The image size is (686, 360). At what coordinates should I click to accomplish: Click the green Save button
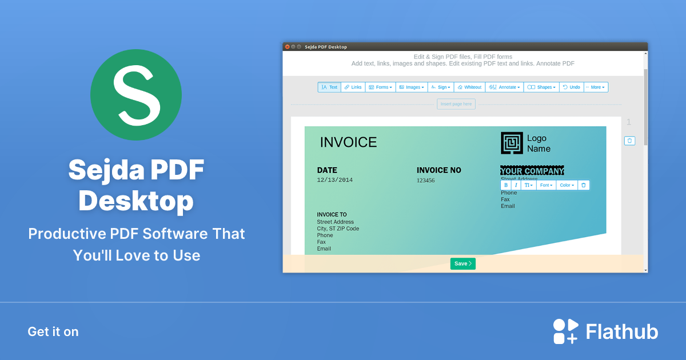[x=462, y=263]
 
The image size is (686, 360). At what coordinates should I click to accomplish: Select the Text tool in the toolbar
[x=329, y=87]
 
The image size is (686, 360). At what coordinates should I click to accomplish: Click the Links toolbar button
[x=353, y=87]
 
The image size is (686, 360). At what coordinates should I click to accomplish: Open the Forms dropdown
[x=380, y=87]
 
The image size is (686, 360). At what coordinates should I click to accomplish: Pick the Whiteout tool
[x=469, y=87]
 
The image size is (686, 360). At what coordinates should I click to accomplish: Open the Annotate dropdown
[x=505, y=87]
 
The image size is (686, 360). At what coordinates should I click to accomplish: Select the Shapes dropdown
[x=541, y=87]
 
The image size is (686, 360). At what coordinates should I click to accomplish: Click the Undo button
[x=571, y=87]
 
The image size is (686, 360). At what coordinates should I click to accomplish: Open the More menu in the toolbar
[x=596, y=87]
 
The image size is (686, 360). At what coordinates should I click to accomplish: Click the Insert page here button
[x=456, y=104]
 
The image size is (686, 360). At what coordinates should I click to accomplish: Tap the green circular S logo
[x=136, y=95]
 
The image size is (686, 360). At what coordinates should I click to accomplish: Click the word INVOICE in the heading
[x=348, y=142]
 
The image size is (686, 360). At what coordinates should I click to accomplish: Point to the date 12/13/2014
[x=335, y=180]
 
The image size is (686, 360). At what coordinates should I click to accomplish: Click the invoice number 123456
[x=425, y=181]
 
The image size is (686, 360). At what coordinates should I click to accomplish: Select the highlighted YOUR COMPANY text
[x=532, y=171]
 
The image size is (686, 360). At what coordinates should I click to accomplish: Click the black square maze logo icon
[x=512, y=143]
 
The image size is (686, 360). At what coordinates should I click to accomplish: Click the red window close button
[x=287, y=47]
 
